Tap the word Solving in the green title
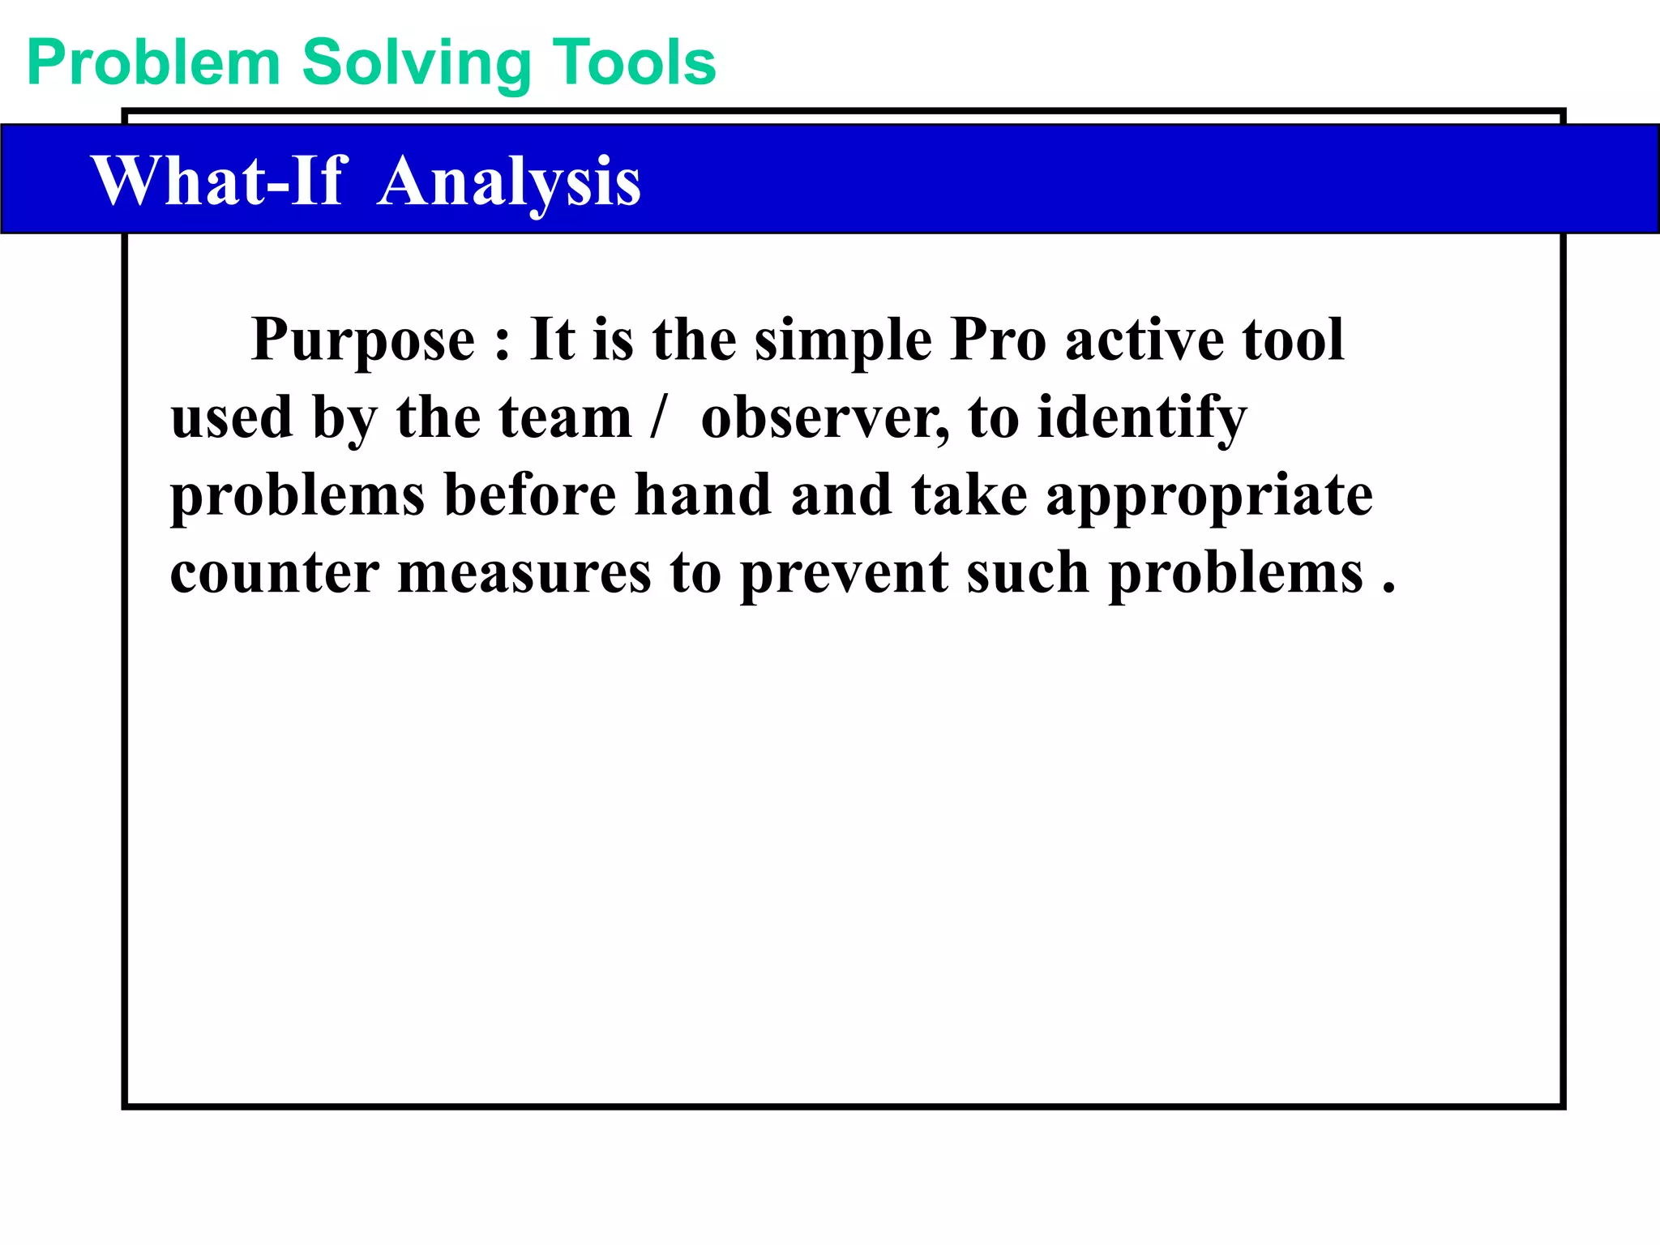(417, 63)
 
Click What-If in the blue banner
(220, 181)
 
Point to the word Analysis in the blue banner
(509, 181)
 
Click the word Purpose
(363, 340)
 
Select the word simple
(844, 340)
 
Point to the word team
(564, 417)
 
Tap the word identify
(1142, 417)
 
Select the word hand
(702, 494)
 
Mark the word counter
(274, 573)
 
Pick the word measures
(524, 573)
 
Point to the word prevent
(844, 573)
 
